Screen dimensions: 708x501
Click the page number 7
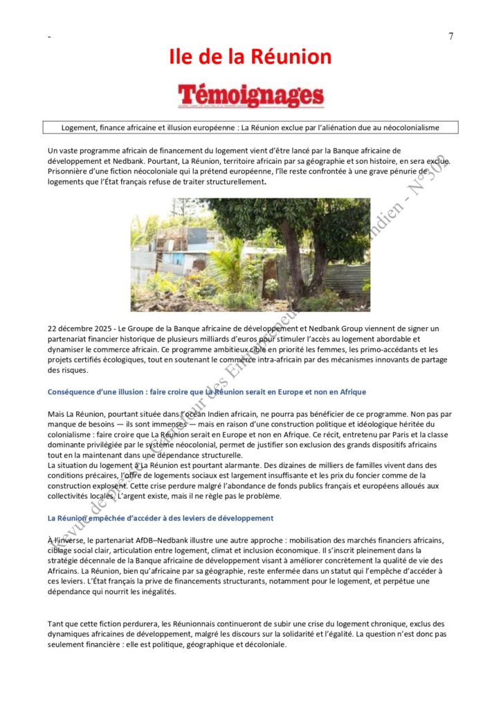coord(450,37)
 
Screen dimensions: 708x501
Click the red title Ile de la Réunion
coord(250,57)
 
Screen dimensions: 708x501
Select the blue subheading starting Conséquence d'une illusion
coord(207,392)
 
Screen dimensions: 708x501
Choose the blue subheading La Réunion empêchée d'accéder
coord(161,518)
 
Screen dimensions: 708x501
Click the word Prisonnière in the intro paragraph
coord(70,171)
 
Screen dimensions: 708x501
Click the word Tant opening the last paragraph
coord(56,624)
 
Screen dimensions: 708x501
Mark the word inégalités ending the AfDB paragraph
coord(156,592)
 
